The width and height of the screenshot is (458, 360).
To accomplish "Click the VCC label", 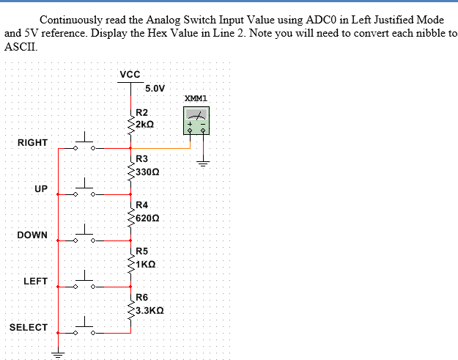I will click(130, 74).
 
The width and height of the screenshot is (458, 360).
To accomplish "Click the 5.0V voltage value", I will click(155, 89).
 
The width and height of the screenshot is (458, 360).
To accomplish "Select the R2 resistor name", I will click(142, 113).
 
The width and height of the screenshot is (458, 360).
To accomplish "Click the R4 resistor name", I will click(142, 205).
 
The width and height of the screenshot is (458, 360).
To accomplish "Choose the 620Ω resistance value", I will click(148, 218).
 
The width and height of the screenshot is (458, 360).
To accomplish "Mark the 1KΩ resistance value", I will click(145, 263).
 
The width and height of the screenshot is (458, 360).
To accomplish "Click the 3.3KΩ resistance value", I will click(149, 310).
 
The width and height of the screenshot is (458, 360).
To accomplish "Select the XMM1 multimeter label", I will click(196, 98).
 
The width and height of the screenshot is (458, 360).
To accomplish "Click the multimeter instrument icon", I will click(196, 120).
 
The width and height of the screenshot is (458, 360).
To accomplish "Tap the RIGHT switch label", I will click(32, 142).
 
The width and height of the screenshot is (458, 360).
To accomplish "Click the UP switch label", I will click(41, 189).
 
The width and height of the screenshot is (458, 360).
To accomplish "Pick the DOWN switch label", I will click(33, 235).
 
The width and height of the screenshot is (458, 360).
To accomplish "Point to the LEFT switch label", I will click(36, 281).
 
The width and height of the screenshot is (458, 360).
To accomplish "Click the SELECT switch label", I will click(29, 327).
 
